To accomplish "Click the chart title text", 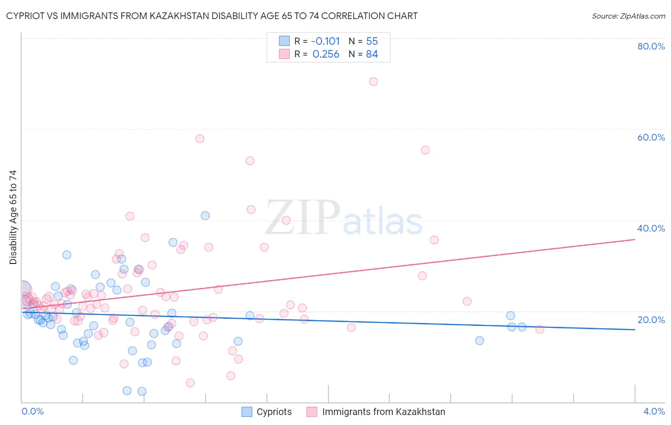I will point(212,16).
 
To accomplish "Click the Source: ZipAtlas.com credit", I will point(628,16).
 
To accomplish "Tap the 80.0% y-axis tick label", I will point(651,46).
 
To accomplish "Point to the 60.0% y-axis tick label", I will point(651,137).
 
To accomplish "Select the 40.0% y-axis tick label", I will point(651,228).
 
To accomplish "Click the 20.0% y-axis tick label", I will point(651,320).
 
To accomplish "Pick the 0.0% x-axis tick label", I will point(32,412).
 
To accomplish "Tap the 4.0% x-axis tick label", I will point(654,412).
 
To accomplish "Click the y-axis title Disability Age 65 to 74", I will point(13,217).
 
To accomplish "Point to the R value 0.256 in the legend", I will point(325,54).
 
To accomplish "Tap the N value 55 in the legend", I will point(372,41).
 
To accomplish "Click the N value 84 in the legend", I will point(372,54).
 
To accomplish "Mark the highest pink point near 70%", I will point(373,81).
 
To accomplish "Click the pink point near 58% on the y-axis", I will point(199,139).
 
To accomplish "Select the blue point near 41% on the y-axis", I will point(205,215).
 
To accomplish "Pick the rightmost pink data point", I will point(540,329).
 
